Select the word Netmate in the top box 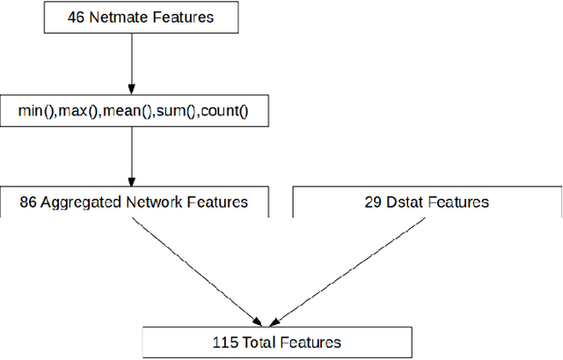[x=106, y=16]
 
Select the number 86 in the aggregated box [x=28, y=202]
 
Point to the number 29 [x=372, y=202]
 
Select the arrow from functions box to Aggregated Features [x=131, y=154]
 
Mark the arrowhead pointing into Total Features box [x=261, y=321]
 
